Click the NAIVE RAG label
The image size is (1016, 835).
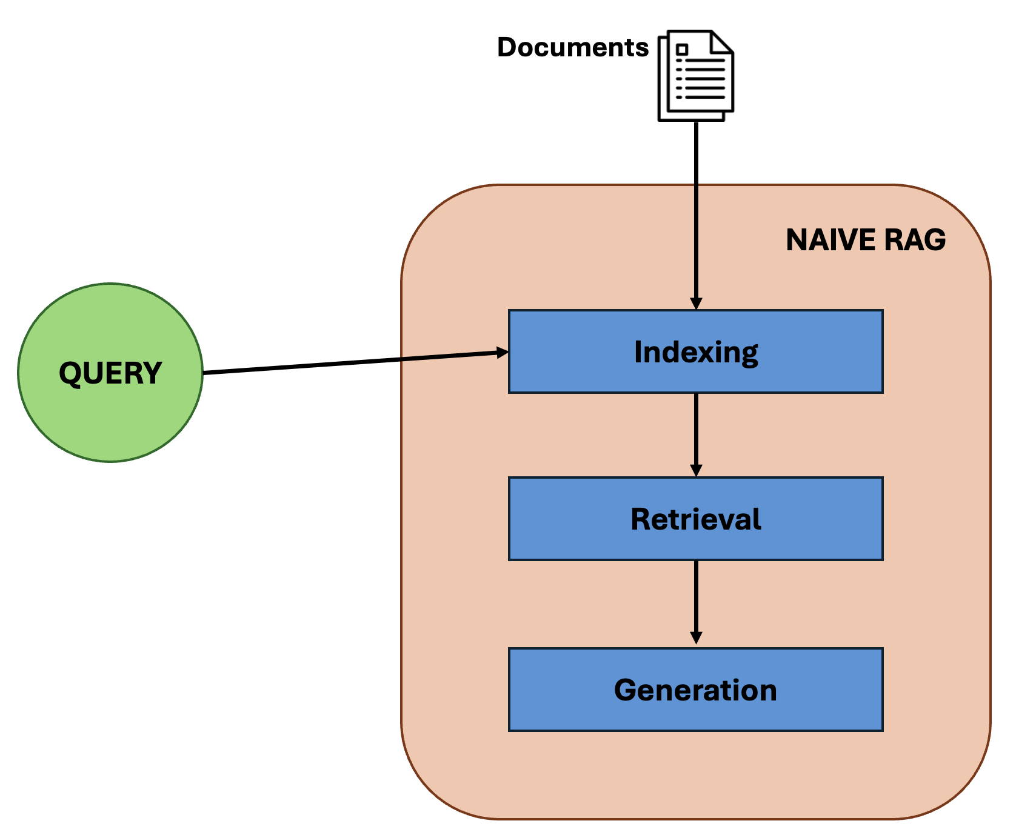tap(865, 240)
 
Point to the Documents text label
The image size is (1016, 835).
tap(572, 47)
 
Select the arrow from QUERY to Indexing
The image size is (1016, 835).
tap(352, 362)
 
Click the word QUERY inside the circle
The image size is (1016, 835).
tap(110, 373)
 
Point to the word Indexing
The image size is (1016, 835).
tap(695, 352)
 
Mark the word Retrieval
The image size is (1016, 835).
tap(695, 519)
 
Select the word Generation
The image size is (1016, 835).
tap(695, 690)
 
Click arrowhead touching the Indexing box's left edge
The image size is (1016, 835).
tap(503, 352)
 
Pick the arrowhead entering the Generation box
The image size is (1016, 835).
tap(696, 638)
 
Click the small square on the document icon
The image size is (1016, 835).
tap(683, 50)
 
